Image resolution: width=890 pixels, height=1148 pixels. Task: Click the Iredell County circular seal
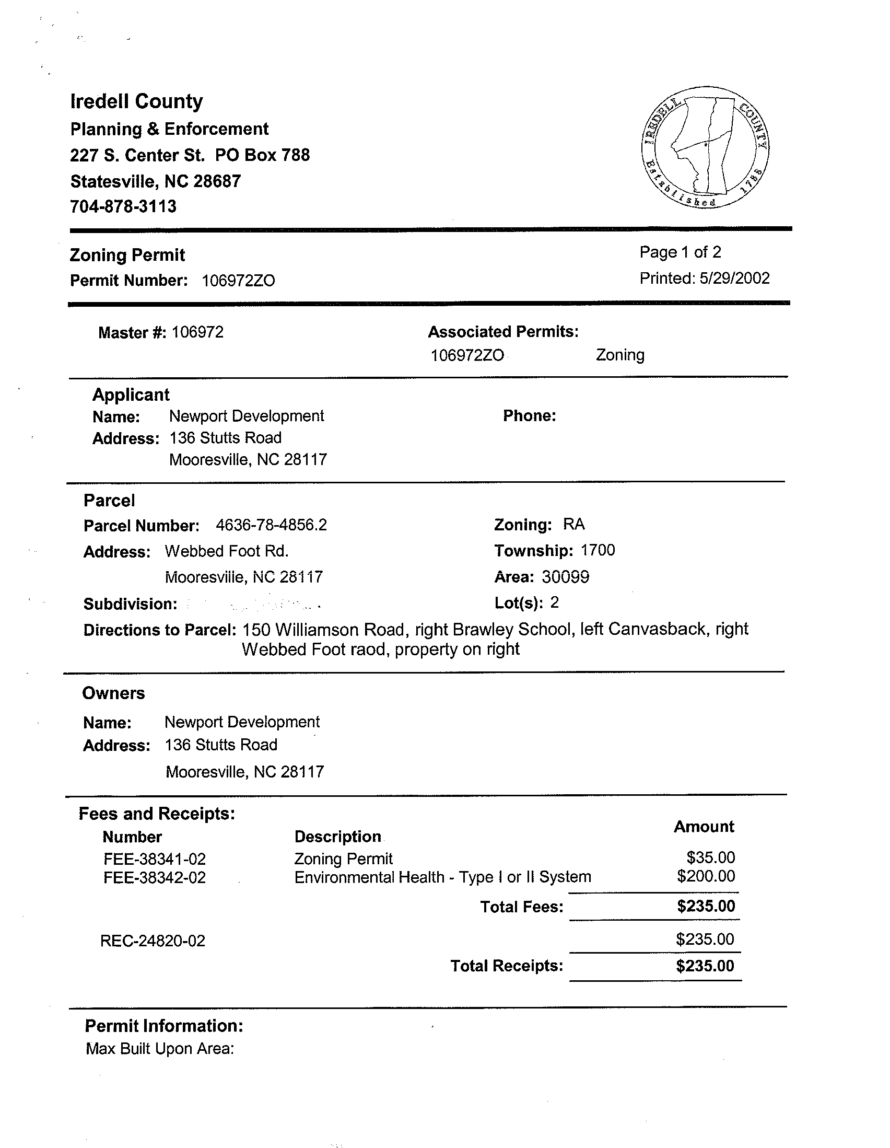click(x=705, y=147)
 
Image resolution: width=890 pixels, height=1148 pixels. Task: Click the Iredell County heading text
click(x=137, y=101)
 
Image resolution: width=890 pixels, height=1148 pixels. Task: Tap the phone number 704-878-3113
click(x=123, y=206)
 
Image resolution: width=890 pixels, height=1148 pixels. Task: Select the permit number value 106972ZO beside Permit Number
click(x=238, y=281)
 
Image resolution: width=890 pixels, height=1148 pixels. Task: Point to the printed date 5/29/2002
click(x=734, y=278)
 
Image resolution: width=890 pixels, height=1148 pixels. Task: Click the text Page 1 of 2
click(x=680, y=252)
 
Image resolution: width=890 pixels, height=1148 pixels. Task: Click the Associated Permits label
click(x=503, y=332)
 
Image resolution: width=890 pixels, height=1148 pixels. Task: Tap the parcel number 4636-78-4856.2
click(x=271, y=525)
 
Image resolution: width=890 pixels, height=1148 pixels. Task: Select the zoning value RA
click(x=573, y=524)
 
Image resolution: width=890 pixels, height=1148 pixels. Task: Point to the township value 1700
click(x=598, y=550)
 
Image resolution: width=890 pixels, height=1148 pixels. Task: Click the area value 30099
click(x=565, y=577)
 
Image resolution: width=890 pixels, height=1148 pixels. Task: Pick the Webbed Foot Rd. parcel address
click(x=227, y=551)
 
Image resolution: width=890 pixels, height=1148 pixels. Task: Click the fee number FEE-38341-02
click(x=155, y=859)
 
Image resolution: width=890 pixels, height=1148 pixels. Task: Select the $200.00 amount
click(x=706, y=876)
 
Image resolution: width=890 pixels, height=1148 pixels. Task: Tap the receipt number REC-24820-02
click(x=153, y=941)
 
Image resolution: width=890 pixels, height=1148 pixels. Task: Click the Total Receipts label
click(x=507, y=966)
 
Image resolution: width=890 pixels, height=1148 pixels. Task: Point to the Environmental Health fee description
click(x=442, y=877)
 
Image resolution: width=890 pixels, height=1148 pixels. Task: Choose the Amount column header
click(x=704, y=827)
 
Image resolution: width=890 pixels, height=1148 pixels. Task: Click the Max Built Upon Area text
click(x=160, y=1049)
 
